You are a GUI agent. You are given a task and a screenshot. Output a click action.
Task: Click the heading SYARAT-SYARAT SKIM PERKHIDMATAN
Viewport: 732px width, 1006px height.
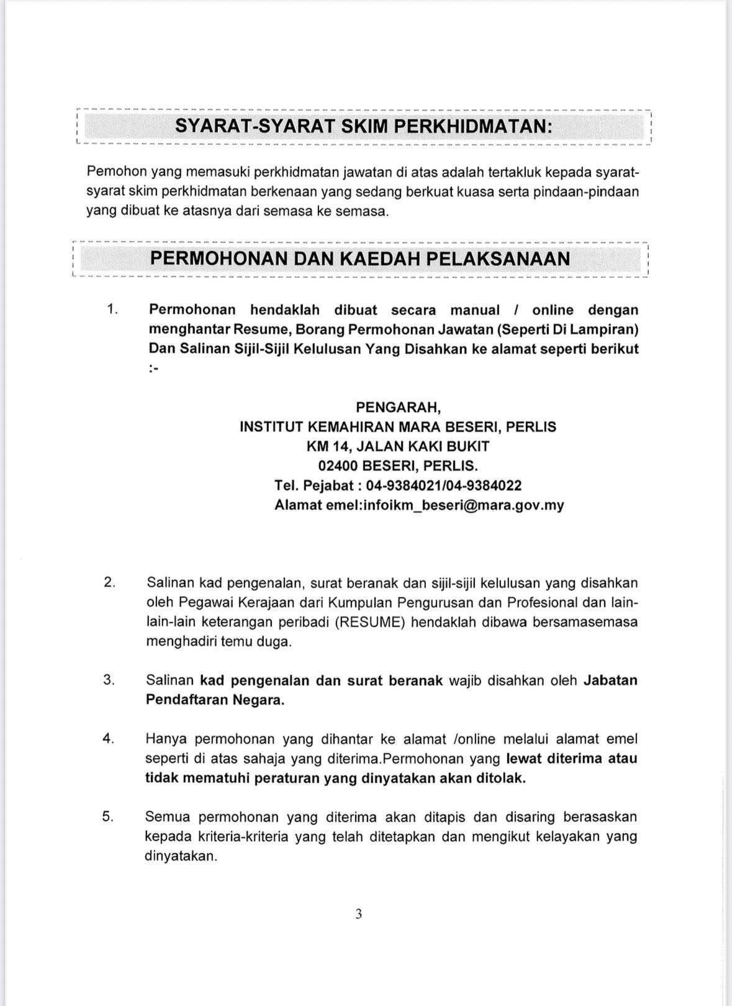click(363, 126)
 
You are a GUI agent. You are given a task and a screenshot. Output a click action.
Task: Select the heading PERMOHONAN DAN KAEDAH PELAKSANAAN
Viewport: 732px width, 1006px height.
click(360, 258)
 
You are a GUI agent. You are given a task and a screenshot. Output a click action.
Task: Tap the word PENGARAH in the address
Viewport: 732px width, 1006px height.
click(398, 407)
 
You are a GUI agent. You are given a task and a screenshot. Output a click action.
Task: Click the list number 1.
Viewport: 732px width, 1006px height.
click(112, 309)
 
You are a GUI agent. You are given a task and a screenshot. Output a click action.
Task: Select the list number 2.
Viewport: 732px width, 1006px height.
click(110, 582)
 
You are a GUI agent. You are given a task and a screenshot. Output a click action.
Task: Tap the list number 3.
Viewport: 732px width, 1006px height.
click(109, 680)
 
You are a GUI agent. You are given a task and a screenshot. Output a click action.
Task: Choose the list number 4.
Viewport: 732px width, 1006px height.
click(109, 738)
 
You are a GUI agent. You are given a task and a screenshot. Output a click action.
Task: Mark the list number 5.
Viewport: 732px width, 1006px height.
click(109, 816)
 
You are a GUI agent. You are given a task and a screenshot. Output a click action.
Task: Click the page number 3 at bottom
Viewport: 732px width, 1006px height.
click(359, 913)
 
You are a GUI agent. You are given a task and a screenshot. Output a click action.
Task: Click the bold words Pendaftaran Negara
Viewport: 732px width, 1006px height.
click(215, 700)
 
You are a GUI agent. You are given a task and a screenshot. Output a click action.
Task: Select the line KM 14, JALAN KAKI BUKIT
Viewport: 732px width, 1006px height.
click(397, 446)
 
